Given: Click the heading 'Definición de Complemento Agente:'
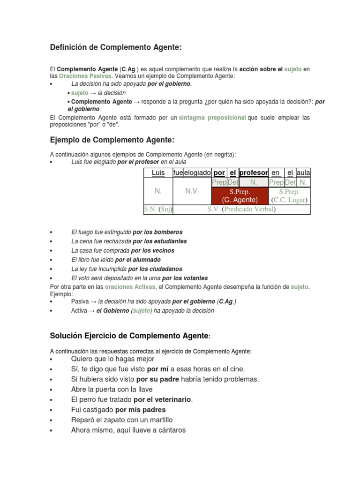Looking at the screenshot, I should click(x=115, y=47).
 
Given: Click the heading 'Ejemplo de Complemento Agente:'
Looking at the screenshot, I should click(x=112, y=140).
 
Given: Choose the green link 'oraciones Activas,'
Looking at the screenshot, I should click(x=131, y=286).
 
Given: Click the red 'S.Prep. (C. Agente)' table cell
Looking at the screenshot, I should click(x=240, y=195).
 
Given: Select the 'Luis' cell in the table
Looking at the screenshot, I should click(x=158, y=172).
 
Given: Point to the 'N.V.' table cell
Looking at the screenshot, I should click(x=192, y=191).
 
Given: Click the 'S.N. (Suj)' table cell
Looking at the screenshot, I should click(x=158, y=209).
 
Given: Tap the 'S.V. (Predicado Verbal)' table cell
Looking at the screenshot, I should click(x=241, y=209).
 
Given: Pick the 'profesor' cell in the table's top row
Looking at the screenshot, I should click(x=254, y=172).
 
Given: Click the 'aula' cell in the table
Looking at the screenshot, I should click(x=303, y=172).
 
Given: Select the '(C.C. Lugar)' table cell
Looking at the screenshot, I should click(x=289, y=200).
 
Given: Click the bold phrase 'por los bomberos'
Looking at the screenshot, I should click(x=157, y=232).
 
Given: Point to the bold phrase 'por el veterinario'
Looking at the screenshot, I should click(x=163, y=399).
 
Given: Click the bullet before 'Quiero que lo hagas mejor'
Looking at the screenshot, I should click(x=51, y=359).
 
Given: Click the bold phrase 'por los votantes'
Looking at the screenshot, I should click(x=185, y=278).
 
